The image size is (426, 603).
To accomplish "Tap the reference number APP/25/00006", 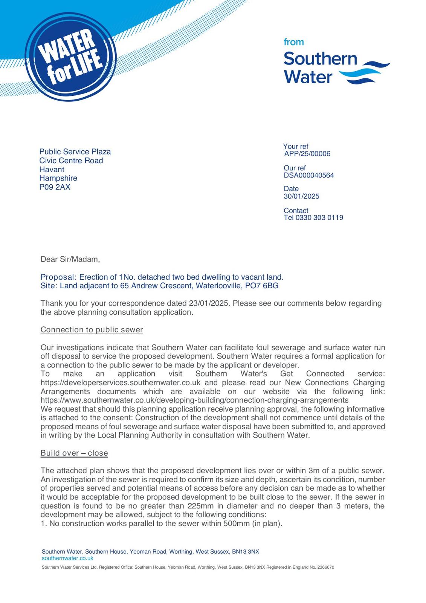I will coord(307,154).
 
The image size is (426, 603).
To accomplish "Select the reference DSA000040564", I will coord(309,175).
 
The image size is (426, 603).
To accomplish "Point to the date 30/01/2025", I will coord(301,196).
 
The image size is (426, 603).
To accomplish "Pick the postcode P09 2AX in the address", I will coord(55,187).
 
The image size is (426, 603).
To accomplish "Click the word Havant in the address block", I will coord(52,170).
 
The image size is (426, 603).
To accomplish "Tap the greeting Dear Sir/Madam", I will coord(70,259).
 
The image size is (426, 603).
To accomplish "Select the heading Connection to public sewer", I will coord(92,330).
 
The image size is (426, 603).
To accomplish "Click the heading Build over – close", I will coord(74,453).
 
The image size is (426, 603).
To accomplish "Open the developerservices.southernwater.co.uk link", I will coord(121,383).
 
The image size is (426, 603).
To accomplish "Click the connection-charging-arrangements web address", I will coord(194,400).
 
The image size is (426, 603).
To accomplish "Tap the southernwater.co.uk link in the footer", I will coord(67,558).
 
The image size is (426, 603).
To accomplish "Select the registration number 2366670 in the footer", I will coord(325,567).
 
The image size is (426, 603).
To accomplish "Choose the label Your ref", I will coord(296,146).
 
